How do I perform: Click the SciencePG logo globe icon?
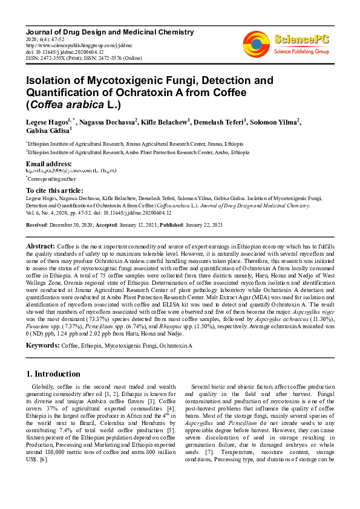(257, 42)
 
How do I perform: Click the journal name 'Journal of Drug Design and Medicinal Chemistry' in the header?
(110, 31)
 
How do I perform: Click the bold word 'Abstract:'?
(41, 247)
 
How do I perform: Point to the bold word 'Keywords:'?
(42, 345)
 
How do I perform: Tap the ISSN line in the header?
(83, 58)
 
